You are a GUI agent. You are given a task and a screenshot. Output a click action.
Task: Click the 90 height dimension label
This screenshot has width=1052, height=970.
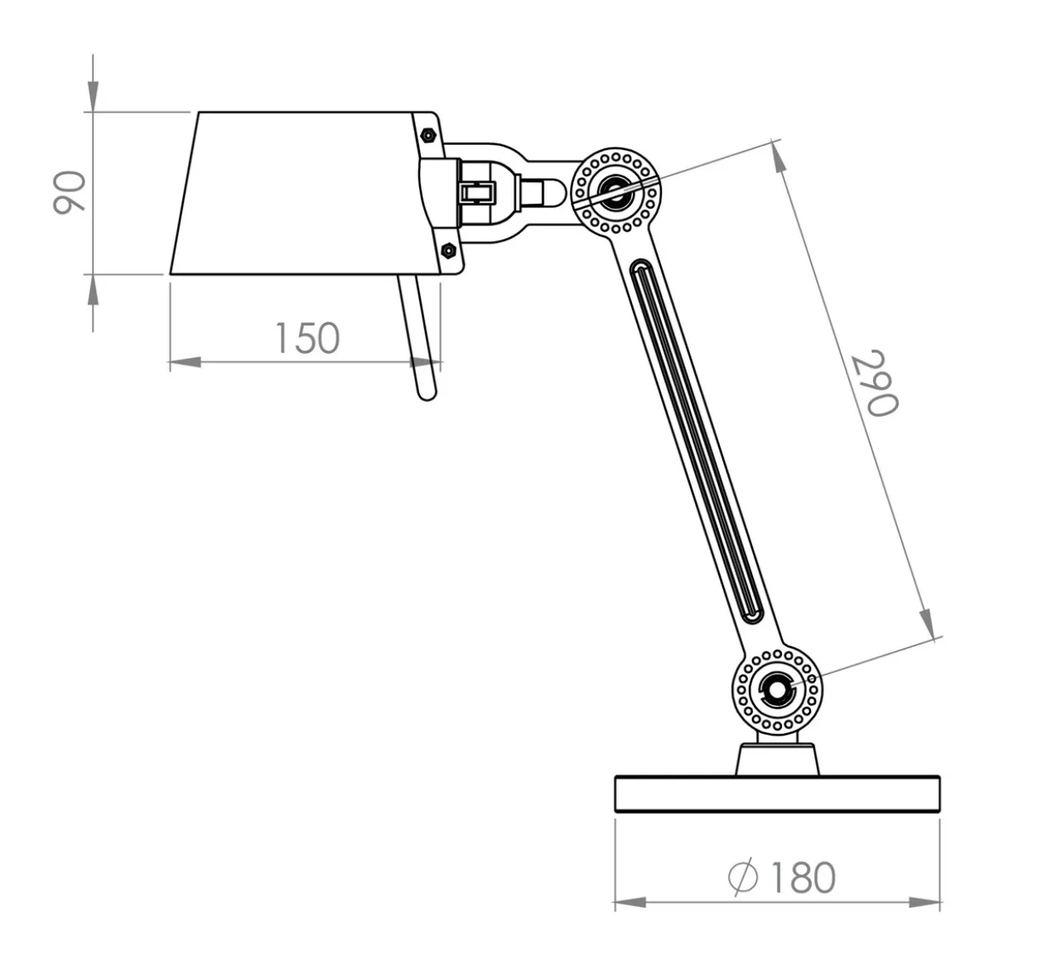click(x=70, y=192)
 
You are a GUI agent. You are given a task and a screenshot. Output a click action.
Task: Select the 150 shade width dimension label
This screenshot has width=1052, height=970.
click(x=307, y=338)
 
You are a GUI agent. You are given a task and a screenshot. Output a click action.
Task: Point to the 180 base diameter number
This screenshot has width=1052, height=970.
click(x=803, y=878)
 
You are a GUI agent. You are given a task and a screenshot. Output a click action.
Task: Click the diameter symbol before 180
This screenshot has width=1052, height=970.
click(x=743, y=877)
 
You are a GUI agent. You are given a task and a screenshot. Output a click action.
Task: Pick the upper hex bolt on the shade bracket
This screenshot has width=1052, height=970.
click(x=427, y=136)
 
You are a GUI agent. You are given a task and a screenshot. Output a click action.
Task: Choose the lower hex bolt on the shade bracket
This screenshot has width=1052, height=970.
click(x=448, y=249)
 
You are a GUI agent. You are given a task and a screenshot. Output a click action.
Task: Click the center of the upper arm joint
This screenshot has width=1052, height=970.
click(x=615, y=191)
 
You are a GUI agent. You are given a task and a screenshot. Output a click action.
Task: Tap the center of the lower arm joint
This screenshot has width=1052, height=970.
click(x=777, y=690)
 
